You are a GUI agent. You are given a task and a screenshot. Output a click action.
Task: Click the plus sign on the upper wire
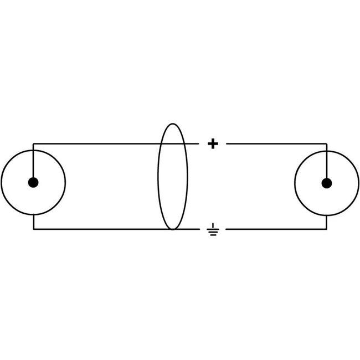(212, 144)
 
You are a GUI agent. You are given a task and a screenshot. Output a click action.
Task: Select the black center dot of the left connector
(33, 182)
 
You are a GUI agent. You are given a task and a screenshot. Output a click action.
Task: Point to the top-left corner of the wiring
(33, 144)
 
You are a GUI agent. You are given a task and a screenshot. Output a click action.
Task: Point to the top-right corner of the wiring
(327, 144)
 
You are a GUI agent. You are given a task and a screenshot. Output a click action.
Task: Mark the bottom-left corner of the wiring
(33, 229)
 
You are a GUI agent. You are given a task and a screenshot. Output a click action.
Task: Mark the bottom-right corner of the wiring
(327, 229)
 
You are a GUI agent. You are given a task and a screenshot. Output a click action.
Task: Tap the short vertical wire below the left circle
(33, 222)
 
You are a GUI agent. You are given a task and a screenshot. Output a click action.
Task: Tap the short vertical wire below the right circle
(327, 222)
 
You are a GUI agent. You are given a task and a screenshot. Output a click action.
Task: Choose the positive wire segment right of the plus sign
(277, 144)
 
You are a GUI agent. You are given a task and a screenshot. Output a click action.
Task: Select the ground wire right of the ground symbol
(277, 229)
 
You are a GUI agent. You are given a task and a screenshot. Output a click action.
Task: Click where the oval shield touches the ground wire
(173, 229)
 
